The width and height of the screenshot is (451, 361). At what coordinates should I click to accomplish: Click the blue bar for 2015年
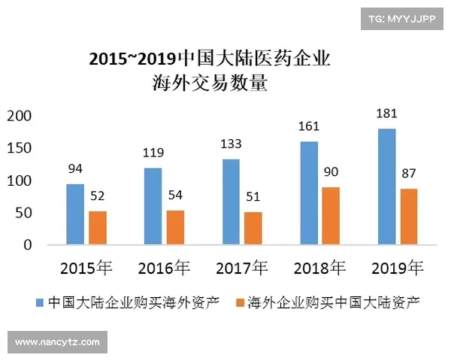75,214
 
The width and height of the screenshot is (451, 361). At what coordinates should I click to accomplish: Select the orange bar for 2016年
175,227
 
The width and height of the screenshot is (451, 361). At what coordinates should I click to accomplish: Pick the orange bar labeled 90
331,216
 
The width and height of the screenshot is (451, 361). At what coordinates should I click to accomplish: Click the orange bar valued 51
253,228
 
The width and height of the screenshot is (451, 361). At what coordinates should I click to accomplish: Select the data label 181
386,114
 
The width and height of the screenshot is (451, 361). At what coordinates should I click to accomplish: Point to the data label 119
153,153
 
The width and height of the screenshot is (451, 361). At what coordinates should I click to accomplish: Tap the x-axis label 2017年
241,268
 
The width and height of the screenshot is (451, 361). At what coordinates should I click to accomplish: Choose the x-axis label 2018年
319,268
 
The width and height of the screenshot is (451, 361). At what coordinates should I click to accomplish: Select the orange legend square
241,302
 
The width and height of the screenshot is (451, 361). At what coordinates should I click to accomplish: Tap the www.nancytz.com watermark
57,342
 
